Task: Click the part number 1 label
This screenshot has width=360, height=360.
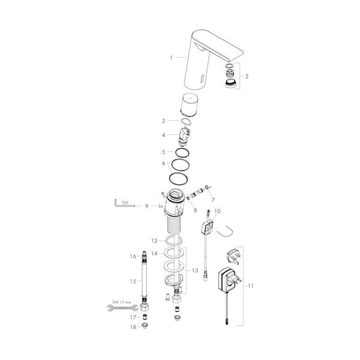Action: (x=171, y=58)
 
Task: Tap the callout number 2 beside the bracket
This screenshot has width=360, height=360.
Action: (x=247, y=76)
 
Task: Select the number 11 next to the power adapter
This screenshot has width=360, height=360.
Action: (x=250, y=286)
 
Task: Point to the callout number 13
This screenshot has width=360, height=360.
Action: (x=195, y=271)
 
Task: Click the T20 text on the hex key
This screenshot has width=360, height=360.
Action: (x=125, y=203)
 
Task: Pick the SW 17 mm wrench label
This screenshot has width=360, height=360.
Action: (x=122, y=302)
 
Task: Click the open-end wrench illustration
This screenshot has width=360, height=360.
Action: (x=122, y=308)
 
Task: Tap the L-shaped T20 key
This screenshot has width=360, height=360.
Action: (x=124, y=205)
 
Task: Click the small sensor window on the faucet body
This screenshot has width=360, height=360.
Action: (x=203, y=79)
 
